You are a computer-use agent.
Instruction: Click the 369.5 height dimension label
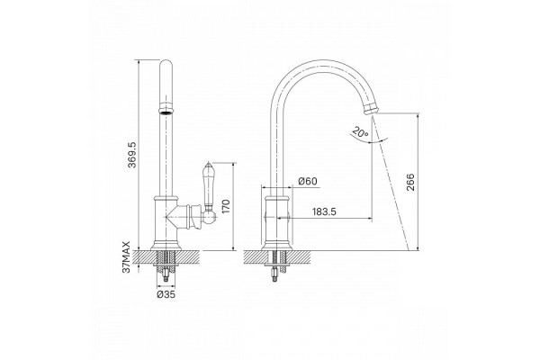132,155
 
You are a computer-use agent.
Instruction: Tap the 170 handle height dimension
226,206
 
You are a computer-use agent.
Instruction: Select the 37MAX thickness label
127,257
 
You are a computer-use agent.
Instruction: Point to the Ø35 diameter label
166,294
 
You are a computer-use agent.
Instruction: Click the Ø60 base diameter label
308,181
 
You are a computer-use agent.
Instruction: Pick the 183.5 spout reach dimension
324,211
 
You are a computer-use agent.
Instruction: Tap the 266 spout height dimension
410,182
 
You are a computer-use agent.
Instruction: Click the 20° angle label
361,132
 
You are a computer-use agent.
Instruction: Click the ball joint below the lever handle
209,217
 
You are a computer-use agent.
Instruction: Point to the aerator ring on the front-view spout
166,111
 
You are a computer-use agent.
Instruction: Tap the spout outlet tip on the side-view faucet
371,110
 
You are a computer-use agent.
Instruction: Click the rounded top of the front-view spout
166,66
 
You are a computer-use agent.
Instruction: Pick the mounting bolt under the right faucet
274,274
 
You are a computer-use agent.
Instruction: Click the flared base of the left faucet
166,245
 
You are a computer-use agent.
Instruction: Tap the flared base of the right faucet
276,246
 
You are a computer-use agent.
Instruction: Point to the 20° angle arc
368,139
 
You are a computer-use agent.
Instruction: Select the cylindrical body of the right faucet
276,219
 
